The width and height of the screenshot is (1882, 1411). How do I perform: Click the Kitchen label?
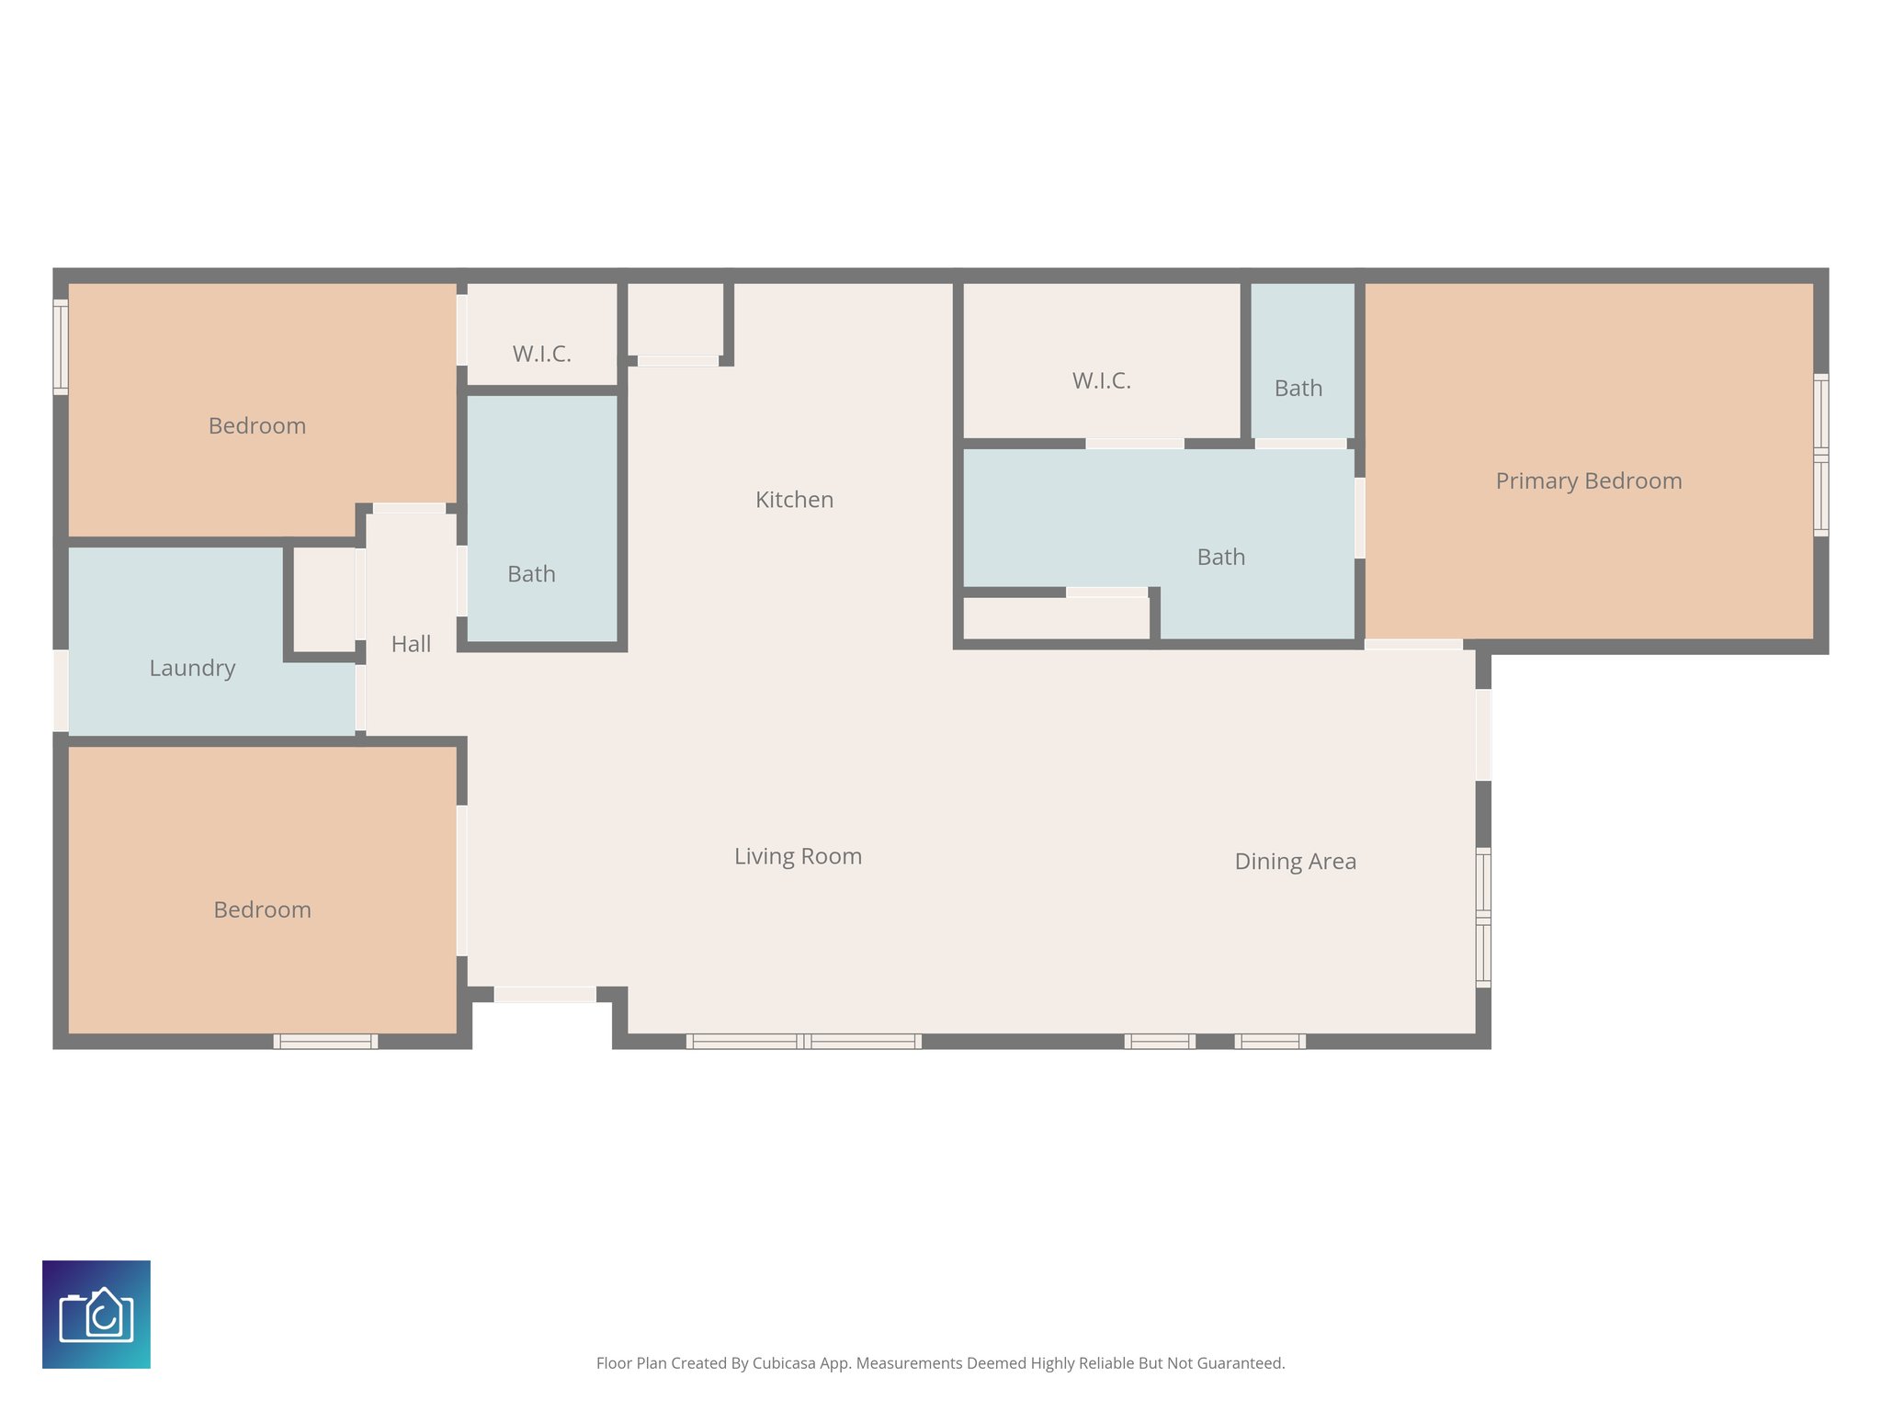[x=794, y=500]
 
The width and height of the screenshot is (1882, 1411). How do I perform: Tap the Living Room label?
[x=798, y=856]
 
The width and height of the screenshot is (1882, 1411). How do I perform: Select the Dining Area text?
[x=1295, y=862]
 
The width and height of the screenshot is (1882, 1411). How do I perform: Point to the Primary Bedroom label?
[x=1588, y=481]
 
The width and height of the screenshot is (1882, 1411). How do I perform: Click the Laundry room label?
[x=192, y=668]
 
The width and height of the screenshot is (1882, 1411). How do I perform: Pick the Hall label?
[x=411, y=644]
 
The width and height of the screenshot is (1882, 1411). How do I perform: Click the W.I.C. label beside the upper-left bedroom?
[x=541, y=354]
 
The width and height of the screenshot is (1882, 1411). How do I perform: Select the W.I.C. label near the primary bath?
[x=1101, y=380]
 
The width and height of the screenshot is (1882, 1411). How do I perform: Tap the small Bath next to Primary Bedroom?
[x=1298, y=389]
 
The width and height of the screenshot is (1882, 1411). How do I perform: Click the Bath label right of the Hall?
[x=531, y=574]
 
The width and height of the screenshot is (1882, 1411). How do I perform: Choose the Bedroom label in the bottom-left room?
[x=262, y=909]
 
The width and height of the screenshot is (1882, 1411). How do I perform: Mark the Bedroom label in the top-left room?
[x=256, y=426]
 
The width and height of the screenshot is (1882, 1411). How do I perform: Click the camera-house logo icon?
[x=96, y=1315]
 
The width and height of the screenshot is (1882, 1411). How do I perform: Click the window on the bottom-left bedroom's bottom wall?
[x=325, y=1041]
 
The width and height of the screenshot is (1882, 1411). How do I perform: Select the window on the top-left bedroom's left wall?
[x=61, y=347]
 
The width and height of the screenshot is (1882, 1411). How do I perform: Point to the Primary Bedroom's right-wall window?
[x=1820, y=455]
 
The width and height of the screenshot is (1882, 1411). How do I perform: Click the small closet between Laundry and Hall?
[x=323, y=599]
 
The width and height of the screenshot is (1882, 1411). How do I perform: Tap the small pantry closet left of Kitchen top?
[x=675, y=318]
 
